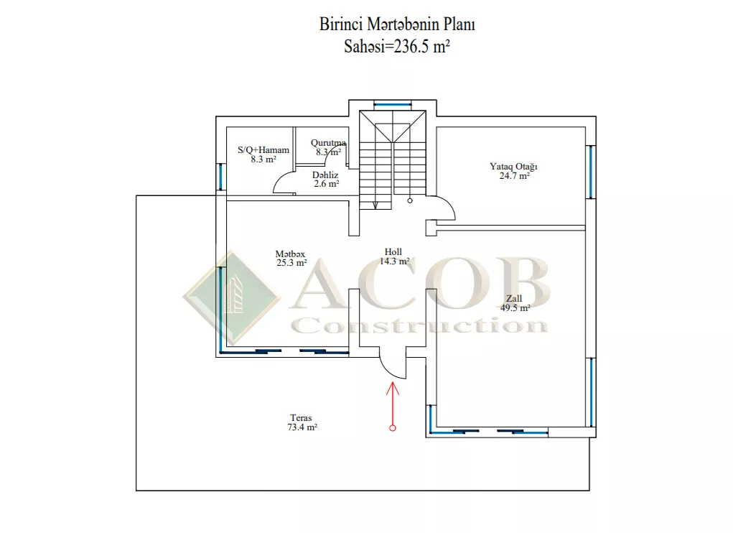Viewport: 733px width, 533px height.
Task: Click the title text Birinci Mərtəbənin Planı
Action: pyautogui.click(x=397, y=24)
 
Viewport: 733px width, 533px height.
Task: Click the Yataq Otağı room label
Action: pyautogui.click(x=513, y=167)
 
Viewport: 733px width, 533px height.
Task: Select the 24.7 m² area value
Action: pyautogui.click(x=514, y=176)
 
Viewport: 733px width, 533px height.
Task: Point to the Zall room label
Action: pyautogui.click(x=514, y=298)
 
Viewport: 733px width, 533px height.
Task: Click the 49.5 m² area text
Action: pyautogui.click(x=515, y=307)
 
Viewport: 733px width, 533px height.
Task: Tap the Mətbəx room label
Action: pyautogui.click(x=290, y=254)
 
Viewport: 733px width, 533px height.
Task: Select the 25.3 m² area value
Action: pyautogui.click(x=291, y=263)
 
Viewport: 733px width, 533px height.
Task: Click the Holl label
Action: pyautogui.click(x=393, y=252)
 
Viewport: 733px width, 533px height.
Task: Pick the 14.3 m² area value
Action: pyautogui.click(x=394, y=261)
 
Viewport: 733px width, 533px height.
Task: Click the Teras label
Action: pyautogui.click(x=301, y=418)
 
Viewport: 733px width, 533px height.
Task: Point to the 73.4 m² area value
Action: pyautogui.click(x=302, y=427)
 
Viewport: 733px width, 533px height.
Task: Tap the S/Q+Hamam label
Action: pyautogui.click(x=263, y=150)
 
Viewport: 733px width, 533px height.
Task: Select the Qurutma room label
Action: pyautogui.click(x=328, y=143)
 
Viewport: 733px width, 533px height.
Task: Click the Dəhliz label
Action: pyautogui.click(x=325, y=175)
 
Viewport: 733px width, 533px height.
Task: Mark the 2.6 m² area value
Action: pyautogui.click(x=327, y=184)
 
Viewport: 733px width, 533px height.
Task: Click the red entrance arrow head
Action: pyautogui.click(x=393, y=388)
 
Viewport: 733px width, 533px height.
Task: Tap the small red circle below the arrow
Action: pyautogui.click(x=393, y=428)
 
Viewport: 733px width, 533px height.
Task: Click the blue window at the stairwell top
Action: pyautogui.click(x=393, y=104)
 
